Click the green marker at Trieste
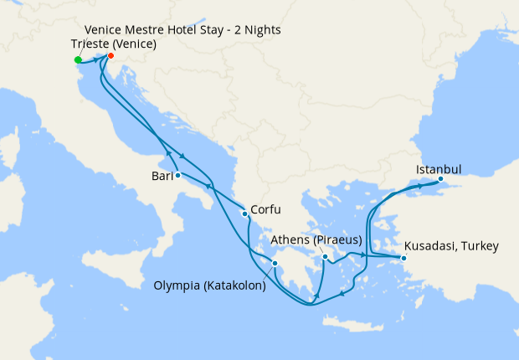pos(78,59)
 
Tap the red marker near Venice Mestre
pos(110,56)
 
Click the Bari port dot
pos(178,175)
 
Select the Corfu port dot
pos(244,213)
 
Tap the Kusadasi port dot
pos(403,258)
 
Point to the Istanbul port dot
pos(441,178)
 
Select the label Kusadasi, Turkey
pos(451,246)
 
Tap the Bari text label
pos(162,176)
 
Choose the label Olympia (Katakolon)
pos(210,286)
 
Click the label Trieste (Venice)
pos(115,44)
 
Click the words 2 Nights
pos(257,30)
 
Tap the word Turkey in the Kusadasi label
pos(480,246)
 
